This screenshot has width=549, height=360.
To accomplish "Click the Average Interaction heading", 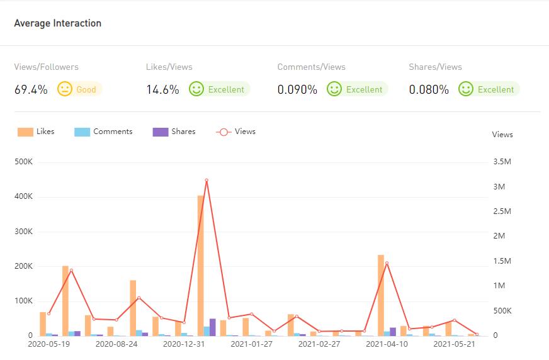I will (57, 23).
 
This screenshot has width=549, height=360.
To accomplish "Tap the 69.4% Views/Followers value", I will (31, 89).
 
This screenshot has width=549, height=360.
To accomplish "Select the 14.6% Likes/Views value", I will (162, 89).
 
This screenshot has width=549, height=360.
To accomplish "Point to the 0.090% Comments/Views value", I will (297, 89).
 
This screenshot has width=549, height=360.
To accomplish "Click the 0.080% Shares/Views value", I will (429, 89).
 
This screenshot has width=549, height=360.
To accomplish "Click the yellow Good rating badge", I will (79, 89).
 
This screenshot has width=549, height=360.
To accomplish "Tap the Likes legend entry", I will (36, 132).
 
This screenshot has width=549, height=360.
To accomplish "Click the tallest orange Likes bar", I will (201, 264).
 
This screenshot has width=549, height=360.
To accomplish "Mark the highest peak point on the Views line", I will (207, 180).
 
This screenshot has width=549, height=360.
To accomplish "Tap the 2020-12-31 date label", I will (184, 344).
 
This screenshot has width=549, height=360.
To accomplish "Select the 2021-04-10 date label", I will (387, 344).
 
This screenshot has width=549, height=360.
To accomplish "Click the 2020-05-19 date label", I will (48, 344).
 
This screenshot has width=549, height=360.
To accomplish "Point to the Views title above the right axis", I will (502, 135).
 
